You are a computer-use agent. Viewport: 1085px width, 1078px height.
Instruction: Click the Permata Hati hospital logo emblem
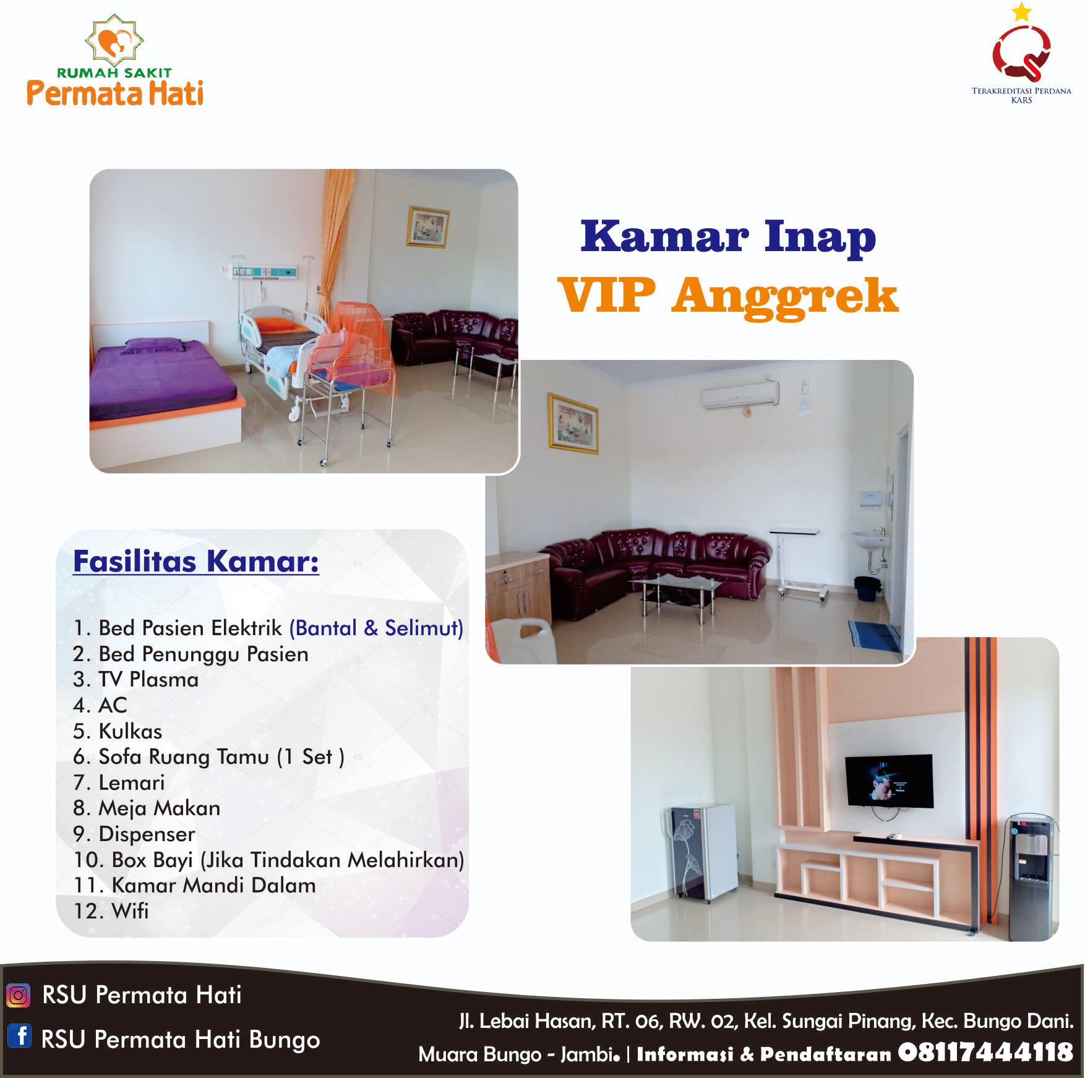(114, 41)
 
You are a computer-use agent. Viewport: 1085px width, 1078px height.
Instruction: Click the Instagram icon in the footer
(18, 995)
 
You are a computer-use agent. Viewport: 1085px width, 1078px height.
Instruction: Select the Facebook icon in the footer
(19, 1035)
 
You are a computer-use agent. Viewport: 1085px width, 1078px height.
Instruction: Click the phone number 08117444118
(985, 1052)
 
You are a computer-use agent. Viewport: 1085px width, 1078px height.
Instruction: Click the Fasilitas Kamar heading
(196, 562)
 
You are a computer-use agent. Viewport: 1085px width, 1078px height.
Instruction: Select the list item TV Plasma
(135, 680)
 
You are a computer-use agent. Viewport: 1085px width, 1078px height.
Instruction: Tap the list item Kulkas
(118, 731)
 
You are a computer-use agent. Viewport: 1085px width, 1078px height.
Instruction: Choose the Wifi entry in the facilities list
(111, 911)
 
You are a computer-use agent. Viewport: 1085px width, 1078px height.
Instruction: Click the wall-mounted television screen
(889, 781)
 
